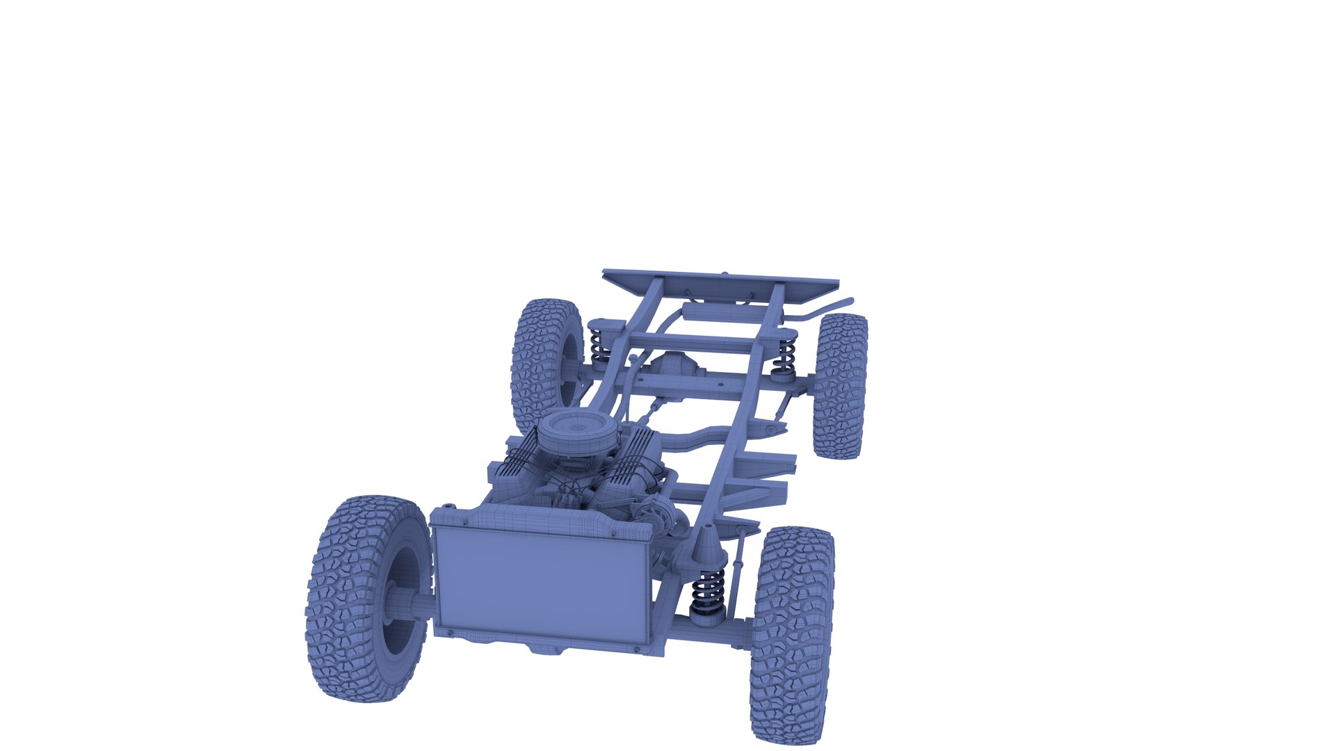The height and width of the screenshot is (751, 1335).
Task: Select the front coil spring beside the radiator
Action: pyautogui.click(x=709, y=591)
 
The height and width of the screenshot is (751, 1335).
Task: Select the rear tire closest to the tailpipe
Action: pyautogui.click(x=841, y=386)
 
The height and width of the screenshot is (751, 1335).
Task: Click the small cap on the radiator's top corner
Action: pyautogui.click(x=450, y=506)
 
